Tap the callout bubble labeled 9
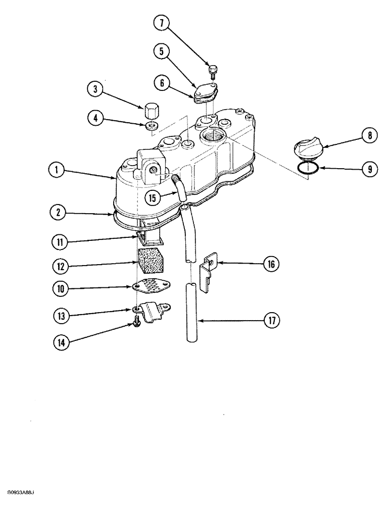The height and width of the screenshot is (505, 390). (370, 169)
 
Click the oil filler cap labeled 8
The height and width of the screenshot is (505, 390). (305, 148)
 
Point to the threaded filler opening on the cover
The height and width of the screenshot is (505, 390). (211, 135)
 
